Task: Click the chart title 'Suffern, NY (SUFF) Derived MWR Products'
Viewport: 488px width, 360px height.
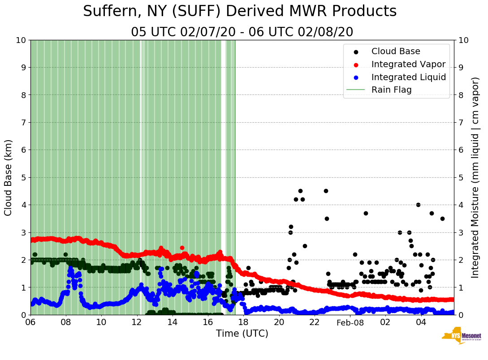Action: pos(240,12)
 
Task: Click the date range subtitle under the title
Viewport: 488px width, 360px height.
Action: pos(242,32)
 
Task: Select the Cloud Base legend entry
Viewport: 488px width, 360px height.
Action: pos(396,51)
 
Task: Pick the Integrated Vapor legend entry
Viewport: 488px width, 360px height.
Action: pos(408,64)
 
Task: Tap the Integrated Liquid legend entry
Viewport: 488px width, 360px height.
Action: pos(408,77)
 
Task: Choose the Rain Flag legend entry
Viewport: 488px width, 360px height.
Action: pos(391,90)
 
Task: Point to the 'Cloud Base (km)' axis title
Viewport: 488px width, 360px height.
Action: pos(9,177)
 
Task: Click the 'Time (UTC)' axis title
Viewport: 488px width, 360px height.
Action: pos(242,334)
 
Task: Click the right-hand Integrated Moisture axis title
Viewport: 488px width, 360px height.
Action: pos(475,177)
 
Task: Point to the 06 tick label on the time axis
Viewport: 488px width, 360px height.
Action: pos(30,322)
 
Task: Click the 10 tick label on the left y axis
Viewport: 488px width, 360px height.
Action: pos(20,40)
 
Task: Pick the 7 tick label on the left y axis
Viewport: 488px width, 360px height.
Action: pos(22,122)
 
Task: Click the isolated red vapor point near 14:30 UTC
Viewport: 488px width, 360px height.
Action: pos(182,248)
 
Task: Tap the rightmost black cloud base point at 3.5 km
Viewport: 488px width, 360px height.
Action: pos(442,219)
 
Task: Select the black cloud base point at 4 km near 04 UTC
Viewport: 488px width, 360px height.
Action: pos(418,205)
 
